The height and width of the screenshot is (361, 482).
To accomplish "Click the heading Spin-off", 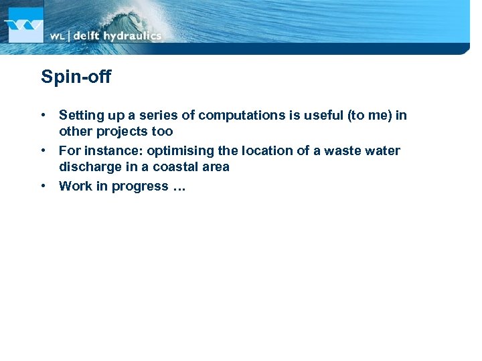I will (76, 78).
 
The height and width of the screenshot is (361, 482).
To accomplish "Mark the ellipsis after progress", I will (179, 188).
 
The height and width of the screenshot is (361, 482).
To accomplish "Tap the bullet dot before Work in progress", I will (44, 187).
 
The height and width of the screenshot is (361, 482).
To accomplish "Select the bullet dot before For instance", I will (44, 151).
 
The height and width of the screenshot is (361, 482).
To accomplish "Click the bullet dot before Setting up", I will (44, 116).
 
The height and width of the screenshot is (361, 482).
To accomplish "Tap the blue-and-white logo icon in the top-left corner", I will (24, 25).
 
